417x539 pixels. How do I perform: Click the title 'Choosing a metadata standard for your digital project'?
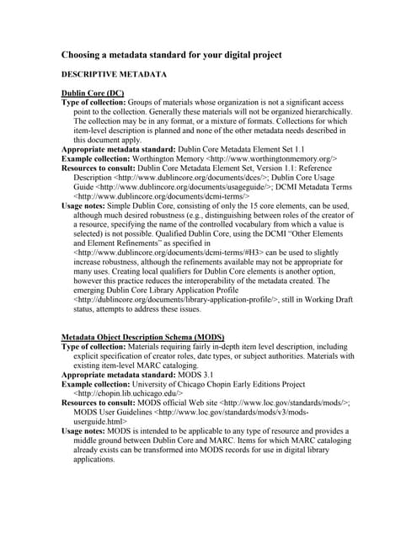tap(171, 55)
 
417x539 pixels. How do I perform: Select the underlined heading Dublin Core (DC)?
tap(93, 92)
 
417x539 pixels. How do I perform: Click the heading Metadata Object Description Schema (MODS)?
tap(142, 336)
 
